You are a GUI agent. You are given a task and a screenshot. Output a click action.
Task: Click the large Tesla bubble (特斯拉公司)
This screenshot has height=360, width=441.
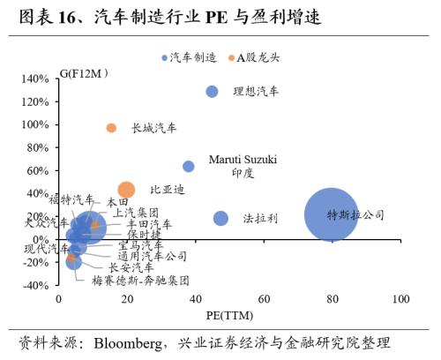pyautogui.click(x=332, y=214)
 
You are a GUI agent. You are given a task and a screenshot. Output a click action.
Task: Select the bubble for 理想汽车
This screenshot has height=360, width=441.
pyautogui.click(x=212, y=92)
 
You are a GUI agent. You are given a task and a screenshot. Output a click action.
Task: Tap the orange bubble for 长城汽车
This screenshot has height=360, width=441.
pyautogui.click(x=111, y=128)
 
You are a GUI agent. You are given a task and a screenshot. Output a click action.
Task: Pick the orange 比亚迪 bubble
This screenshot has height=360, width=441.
pyautogui.click(x=126, y=190)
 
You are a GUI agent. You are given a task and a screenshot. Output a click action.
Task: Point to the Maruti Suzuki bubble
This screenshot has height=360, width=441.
pyautogui.click(x=189, y=166)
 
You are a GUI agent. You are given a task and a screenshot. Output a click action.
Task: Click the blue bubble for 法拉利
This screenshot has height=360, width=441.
pyautogui.click(x=220, y=218)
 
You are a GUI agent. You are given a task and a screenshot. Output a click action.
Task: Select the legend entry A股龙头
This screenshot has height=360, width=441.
pyautogui.click(x=259, y=57)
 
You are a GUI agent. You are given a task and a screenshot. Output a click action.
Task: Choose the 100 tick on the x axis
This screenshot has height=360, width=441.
pyautogui.click(x=400, y=300)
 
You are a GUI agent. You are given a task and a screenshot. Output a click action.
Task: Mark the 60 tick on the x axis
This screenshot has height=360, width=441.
pyautogui.click(x=264, y=300)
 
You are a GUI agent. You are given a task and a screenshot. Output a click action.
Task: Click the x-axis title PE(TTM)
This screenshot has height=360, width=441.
pyautogui.click(x=229, y=315)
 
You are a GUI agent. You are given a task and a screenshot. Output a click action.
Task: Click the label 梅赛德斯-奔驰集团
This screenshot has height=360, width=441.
pyautogui.click(x=140, y=280)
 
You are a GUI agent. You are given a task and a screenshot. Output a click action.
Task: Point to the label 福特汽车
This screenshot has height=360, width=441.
pyautogui.click(x=71, y=200)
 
